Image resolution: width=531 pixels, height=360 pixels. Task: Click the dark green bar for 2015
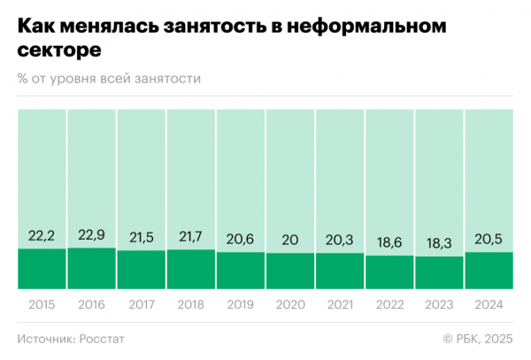(42, 269)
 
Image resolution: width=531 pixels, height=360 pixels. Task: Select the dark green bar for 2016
(91, 268)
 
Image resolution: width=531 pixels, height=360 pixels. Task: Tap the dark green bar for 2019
(240, 271)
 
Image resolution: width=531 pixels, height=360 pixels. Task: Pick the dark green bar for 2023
(439, 272)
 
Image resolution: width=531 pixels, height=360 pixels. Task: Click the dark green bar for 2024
(489, 271)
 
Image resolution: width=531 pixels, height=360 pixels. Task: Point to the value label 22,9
(91, 235)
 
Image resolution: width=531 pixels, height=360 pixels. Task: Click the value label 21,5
(141, 238)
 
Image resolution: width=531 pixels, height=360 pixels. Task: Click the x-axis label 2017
(141, 303)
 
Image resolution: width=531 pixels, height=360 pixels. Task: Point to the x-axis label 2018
(190, 303)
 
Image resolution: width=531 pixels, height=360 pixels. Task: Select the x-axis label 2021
(340, 303)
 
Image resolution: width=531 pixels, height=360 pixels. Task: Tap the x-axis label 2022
(389, 303)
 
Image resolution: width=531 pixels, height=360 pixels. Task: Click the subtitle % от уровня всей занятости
(109, 79)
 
